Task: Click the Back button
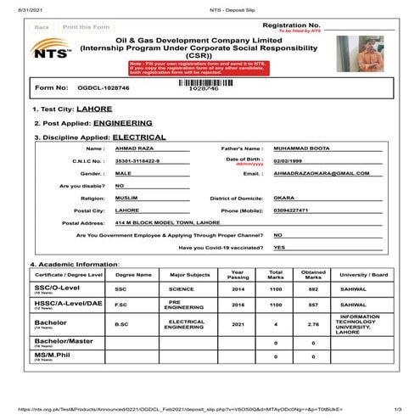click(x=42, y=27)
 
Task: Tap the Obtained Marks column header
click(x=312, y=274)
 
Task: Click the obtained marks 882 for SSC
click(x=312, y=288)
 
